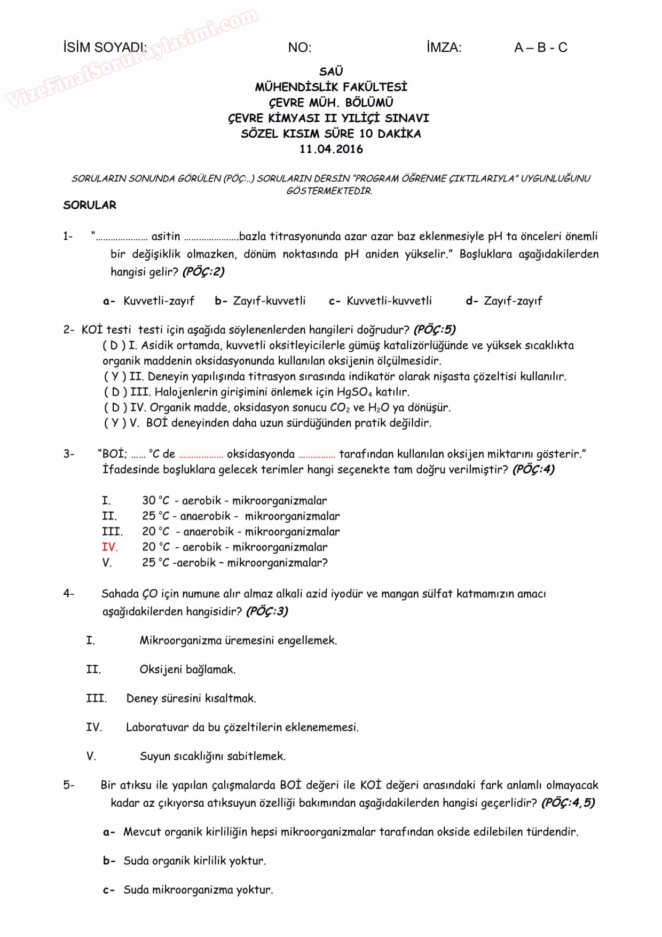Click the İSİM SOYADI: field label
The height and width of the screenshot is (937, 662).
pyautogui.click(x=105, y=48)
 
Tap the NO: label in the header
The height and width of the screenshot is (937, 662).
pyautogui.click(x=300, y=48)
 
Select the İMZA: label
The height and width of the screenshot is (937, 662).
pyautogui.click(x=444, y=48)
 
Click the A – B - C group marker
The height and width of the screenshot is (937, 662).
pyautogui.click(x=540, y=48)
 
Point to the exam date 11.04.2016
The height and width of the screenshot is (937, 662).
pyautogui.click(x=331, y=149)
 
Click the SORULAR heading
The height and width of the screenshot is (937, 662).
pyautogui.click(x=90, y=205)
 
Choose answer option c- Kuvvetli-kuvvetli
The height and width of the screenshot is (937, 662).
pyautogui.click(x=381, y=301)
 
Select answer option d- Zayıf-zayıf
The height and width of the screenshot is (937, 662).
pyautogui.click(x=504, y=301)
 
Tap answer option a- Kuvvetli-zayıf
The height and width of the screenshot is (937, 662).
pyautogui.click(x=149, y=301)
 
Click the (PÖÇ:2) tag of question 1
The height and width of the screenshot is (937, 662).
pyautogui.click(x=203, y=272)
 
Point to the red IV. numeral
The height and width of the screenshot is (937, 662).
pyautogui.click(x=109, y=547)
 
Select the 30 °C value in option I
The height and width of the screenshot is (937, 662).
pyautogui.click(x=155, y=501)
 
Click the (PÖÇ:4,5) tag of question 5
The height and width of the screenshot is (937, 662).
pyautogui.click(x=568, y=803)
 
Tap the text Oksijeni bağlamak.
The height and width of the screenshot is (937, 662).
pyautogui.click(x=187, y=670)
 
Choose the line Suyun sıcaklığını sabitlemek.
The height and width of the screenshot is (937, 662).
pyautogui.click(x=212, y=757)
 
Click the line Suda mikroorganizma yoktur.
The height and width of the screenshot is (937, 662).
pyautogui.click(x=198, y=890)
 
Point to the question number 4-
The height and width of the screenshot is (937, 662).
pyautogui.click(x=69, y=594)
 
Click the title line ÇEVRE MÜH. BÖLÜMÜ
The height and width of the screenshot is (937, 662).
pyautogui.click(x=331, y=103)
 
